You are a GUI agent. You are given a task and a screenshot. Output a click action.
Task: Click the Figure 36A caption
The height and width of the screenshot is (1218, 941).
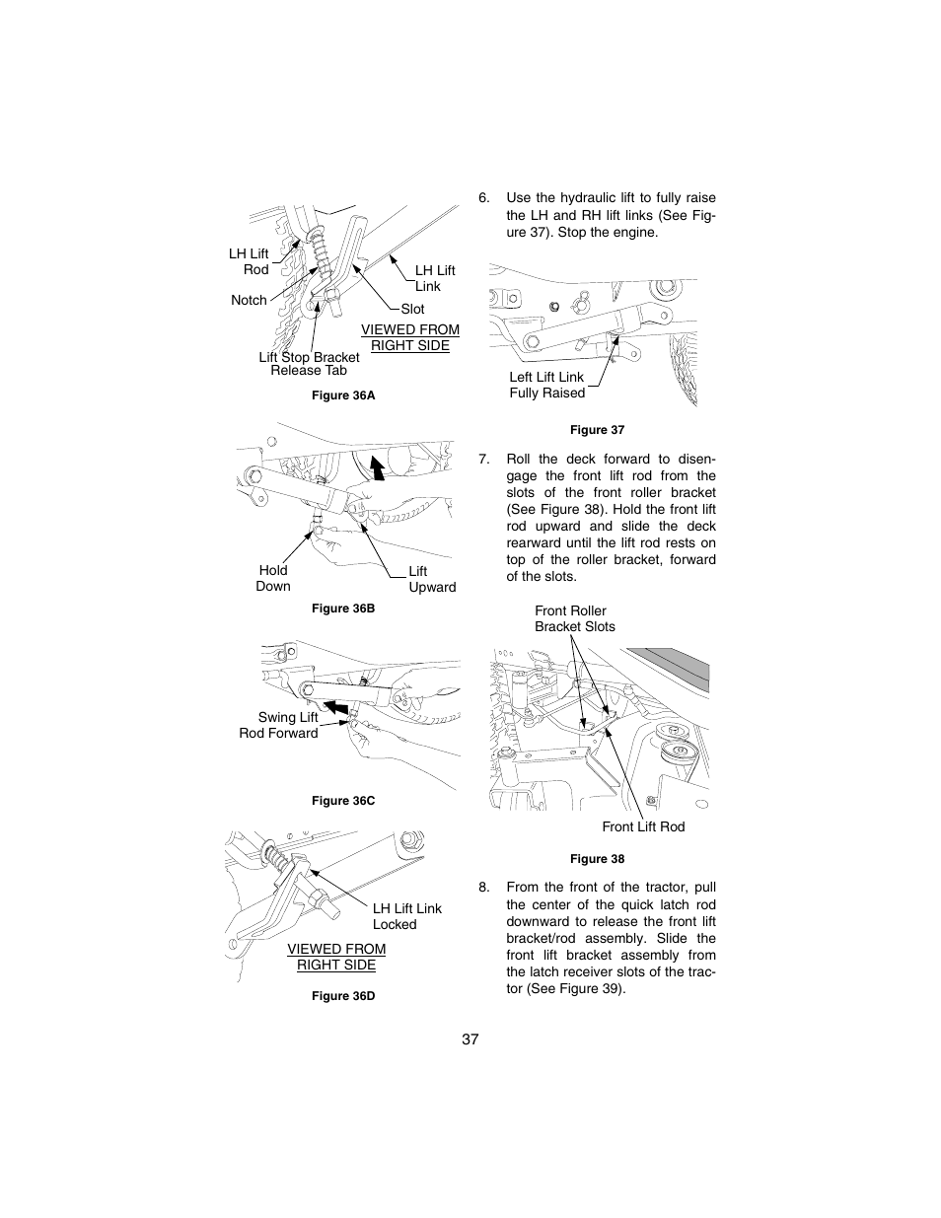(x=343, y=395)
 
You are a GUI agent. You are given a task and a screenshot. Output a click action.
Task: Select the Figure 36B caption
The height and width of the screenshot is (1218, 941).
(x=343, y=609)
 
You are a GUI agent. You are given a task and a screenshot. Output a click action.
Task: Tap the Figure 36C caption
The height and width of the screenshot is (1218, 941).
(x=343, y=801)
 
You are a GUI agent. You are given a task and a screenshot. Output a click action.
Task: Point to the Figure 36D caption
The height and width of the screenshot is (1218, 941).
(x=343, y=996)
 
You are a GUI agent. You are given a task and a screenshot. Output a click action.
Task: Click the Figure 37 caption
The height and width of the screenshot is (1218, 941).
(x=597, y=430)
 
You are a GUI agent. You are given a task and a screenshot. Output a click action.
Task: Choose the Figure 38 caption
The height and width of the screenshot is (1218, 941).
(x=597, y=859)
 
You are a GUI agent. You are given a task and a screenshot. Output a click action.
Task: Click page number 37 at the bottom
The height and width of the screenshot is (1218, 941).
(x=470, y=1039)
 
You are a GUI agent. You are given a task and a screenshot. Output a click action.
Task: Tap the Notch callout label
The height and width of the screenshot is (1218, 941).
(x=249, y=300)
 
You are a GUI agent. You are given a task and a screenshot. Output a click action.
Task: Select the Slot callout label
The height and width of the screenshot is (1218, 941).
(x=412, y=309)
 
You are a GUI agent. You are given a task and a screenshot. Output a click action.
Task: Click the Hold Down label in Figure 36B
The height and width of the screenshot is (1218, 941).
(x=273, y=578)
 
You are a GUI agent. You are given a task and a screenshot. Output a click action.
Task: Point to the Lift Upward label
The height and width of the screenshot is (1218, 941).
(x=432, y=579)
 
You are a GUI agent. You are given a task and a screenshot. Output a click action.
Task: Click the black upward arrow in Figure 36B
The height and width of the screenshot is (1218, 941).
(x=375, y=465)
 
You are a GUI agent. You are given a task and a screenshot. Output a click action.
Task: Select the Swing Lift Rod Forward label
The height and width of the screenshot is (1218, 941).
(x=279, y=725)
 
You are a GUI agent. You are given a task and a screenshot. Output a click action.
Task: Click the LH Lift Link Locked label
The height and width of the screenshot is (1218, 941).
(x=406, y=916)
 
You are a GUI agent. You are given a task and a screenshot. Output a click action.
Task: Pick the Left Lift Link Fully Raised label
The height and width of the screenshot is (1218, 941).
(x=546, y=385)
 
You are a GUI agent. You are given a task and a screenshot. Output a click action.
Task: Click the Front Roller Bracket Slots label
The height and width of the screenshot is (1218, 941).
(x=574, y=618)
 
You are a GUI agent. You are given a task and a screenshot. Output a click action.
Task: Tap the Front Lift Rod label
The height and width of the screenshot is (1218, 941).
(x=643, y=826)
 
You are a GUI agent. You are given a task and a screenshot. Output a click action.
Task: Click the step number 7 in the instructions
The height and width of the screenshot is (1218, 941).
(x=483, y=459)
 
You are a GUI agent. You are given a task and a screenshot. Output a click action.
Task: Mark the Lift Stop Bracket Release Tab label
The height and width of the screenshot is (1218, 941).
(x=309, y=364)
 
